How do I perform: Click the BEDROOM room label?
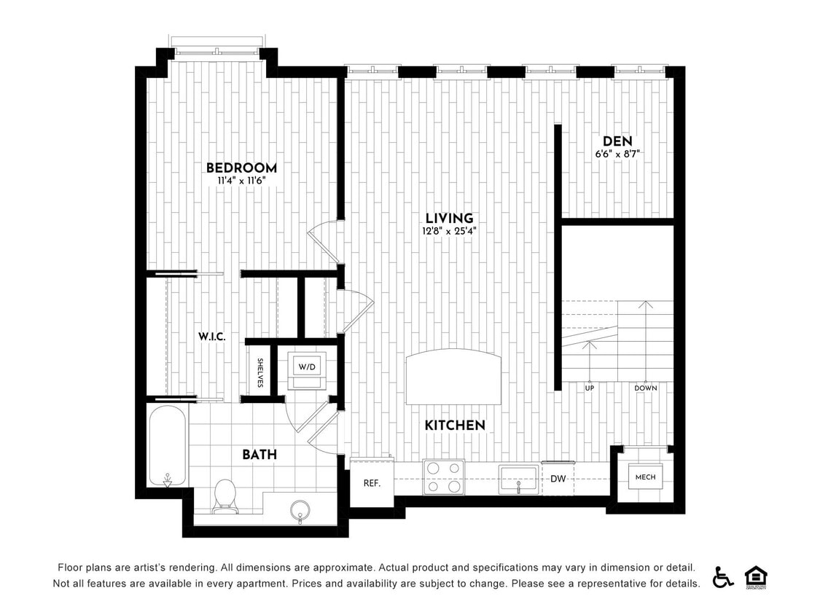(241, 168)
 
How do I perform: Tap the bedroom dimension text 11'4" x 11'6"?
(241, 181)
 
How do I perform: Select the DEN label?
(617, 141)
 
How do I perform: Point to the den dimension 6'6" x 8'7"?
(617, 154)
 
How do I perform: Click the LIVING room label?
(450, 218)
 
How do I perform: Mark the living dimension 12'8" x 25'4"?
(450, 231)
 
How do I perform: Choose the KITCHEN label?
(455, 425)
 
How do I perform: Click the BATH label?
(259, 455)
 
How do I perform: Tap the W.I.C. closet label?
(212, 337)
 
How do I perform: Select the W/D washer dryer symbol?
(306, 367)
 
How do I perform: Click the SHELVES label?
(259, 372)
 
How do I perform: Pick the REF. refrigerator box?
(372, 482)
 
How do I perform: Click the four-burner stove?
(444, 477)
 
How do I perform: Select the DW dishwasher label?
(558, 479)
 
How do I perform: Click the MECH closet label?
(645, 477)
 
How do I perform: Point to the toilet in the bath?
(225, 495)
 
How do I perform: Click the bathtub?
(168, 445)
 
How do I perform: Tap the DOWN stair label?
(645, 388)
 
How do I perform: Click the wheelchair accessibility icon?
(723, 577)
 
